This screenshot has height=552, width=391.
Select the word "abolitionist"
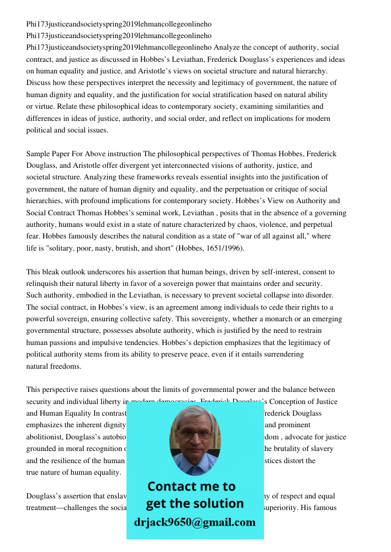click(48, 437)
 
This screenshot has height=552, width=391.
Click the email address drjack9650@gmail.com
click(194, 522)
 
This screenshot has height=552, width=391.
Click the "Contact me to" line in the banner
click(191, 486)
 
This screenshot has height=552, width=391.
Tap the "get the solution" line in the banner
click(194, 503)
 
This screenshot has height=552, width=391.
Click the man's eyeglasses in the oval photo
click(194, 434)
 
